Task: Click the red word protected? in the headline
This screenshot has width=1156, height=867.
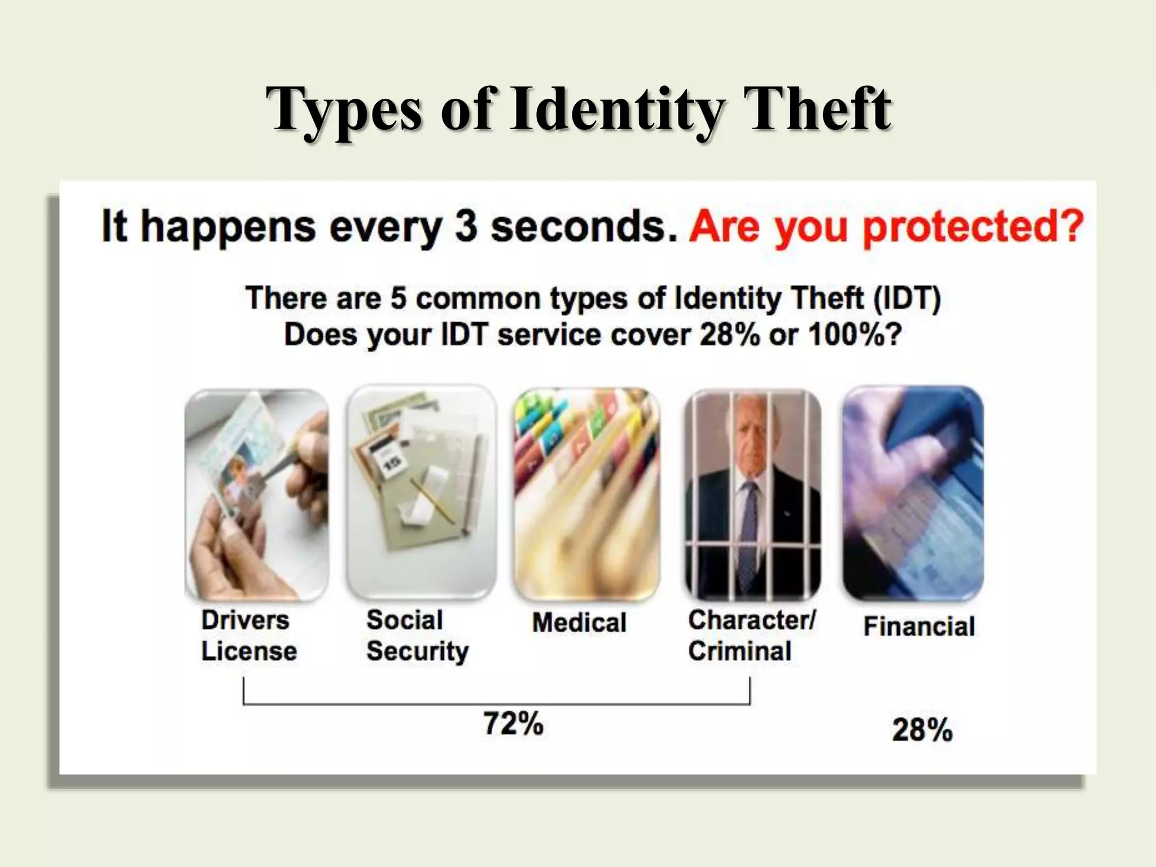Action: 973,227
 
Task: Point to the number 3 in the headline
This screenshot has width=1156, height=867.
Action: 466,226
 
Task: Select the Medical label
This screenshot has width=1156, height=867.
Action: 579,623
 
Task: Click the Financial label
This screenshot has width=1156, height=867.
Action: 919,627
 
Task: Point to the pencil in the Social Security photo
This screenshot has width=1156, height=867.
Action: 432,500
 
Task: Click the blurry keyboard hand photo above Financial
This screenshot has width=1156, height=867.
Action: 913,491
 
